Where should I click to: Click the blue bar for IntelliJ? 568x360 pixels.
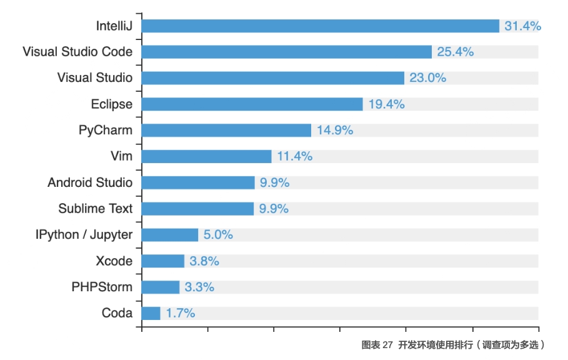(321, 26)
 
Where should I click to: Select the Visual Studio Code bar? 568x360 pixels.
(287, 52)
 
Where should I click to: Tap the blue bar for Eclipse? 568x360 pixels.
(252, 104)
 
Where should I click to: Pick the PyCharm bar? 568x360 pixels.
(226, 131)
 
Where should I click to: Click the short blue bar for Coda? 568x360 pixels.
(151, 313)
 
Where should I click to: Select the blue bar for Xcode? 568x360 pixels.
(163, 261)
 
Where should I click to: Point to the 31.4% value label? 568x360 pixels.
(523, 26)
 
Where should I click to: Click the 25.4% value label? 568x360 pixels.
(456, 52)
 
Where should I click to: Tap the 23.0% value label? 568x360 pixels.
(428, 78)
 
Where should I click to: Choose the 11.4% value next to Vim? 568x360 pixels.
(294, 156)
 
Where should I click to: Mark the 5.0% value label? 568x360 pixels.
(218, 235)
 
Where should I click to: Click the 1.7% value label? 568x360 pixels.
(181, 313)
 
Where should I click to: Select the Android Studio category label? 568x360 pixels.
(90, 182)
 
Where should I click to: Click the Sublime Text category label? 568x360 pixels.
(95, 209)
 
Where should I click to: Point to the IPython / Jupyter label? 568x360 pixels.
(84, 235)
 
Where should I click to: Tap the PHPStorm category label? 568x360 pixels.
(102, 287)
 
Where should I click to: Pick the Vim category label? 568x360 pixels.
(121, 156)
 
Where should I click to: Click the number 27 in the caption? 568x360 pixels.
(387, 345)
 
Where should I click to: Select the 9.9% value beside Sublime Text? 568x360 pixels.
(274, 209)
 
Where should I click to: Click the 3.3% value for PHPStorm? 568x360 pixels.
(199, 287)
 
